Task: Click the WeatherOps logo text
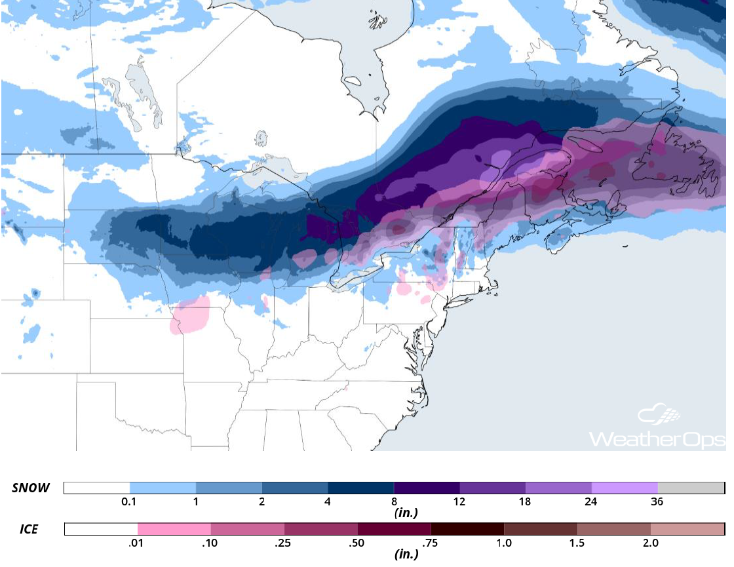click(657, 439)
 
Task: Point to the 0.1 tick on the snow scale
click(130, 502)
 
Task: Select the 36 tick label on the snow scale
click(657, 502)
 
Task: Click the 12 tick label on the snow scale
click(459, 502)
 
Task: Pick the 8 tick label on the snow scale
click(393, 502)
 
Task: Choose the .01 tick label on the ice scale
click(138, 543)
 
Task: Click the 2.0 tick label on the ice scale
click(650, 543)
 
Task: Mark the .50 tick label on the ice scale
click(358, 543)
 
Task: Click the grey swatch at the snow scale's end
click(691, 488)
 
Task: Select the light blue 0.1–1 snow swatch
click(163, 488)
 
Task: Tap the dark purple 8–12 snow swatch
click(427, 488)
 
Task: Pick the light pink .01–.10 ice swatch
click(174, 528)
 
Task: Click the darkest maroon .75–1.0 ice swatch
click(467, 528)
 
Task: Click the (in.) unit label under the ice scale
click(406, 555)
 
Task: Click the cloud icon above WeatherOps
click(659, 415)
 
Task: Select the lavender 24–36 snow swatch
click(625, 488)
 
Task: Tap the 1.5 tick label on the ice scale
click(577, 543)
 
